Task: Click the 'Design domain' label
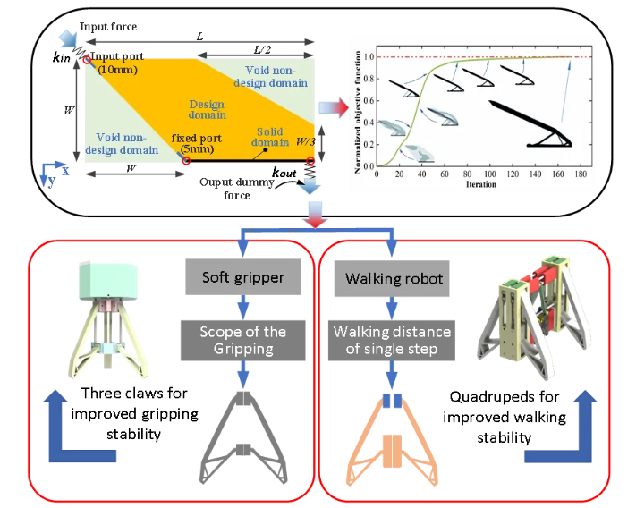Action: [x=208, y=109]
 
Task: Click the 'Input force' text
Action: [x=108, y=26]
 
